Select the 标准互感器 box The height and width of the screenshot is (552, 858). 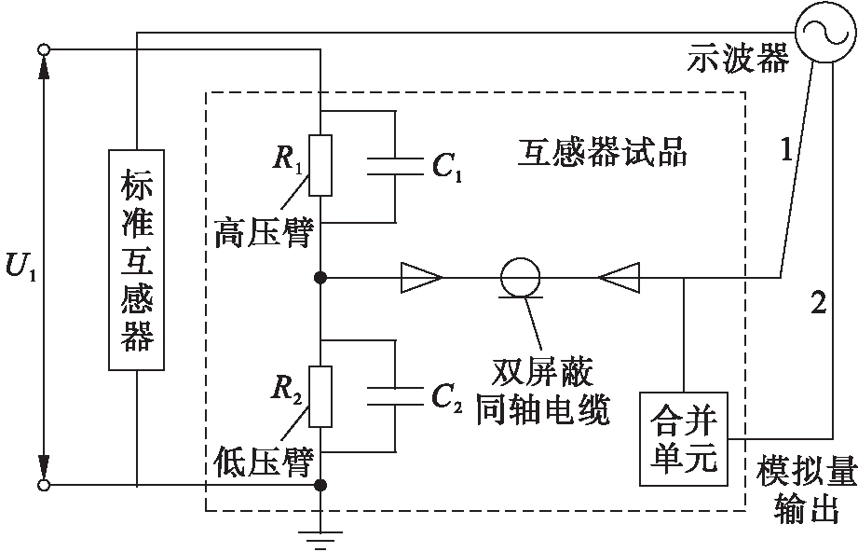coord(137,262)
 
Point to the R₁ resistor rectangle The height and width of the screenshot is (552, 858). coord(320,166)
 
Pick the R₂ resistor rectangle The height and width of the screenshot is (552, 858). coord(320,396)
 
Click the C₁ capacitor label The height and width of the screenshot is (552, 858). coord(446,168)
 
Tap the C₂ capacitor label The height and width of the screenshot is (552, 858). coord(446,398)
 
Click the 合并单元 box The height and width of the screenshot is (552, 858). coord(685,438)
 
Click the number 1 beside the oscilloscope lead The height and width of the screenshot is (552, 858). coord(786,149)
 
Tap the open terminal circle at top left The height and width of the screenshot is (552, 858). coord(41,48)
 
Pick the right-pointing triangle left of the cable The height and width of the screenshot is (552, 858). coord(422,277)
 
